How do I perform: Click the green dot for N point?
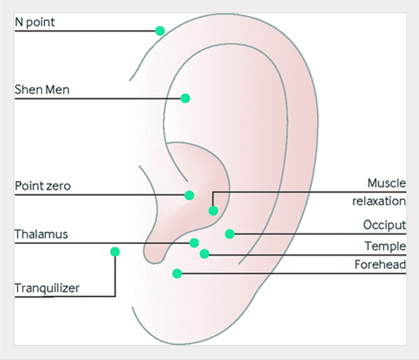(160, 31)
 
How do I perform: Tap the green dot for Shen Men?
(185, 98)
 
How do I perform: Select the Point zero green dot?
(189, 195)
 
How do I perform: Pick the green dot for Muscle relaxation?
(213, 211)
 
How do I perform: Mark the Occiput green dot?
(230, 233)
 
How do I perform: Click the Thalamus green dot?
(194, 243)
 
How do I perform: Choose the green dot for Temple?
(204, 253)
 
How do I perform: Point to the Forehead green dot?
(176, 273)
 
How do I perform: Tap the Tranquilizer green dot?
(115, 252)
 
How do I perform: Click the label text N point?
(35, 22)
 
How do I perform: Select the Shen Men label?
(42, 89)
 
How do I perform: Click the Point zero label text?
(43, 186)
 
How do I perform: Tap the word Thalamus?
(41, 234)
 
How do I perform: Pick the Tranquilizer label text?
(47, 288)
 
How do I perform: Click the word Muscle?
(386, 183)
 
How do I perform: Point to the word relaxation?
(378, 201)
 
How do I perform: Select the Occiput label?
(384, 225)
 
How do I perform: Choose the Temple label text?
(385, 246)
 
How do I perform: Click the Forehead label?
(380, 265)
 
